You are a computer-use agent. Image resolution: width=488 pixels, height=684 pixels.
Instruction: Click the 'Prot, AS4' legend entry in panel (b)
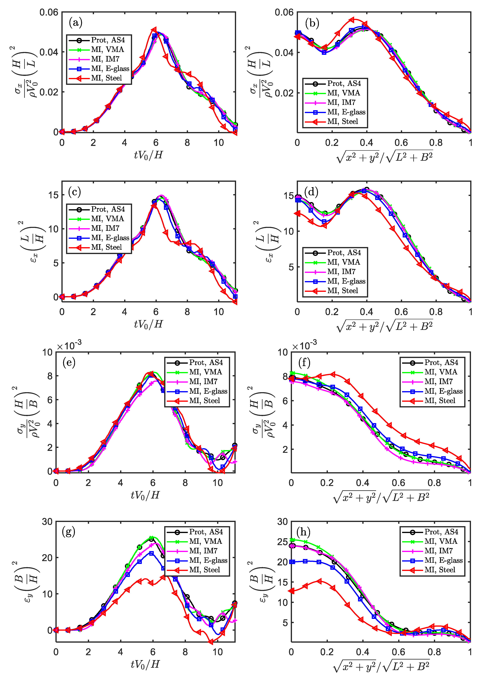pyautogui.click(x=344, y=83)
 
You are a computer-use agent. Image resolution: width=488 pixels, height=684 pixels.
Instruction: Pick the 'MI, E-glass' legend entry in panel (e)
pyautogui.click(x=208, y=391)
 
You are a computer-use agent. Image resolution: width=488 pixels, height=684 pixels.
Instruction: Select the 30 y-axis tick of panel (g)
pyautogui.click(x=47, y=522)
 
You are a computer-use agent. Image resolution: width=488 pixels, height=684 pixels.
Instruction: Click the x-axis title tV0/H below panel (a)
pyautogui.click(x=148, y=155)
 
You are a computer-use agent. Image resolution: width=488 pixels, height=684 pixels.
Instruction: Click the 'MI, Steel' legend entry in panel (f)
pyautogui.click(x=440, y=401)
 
